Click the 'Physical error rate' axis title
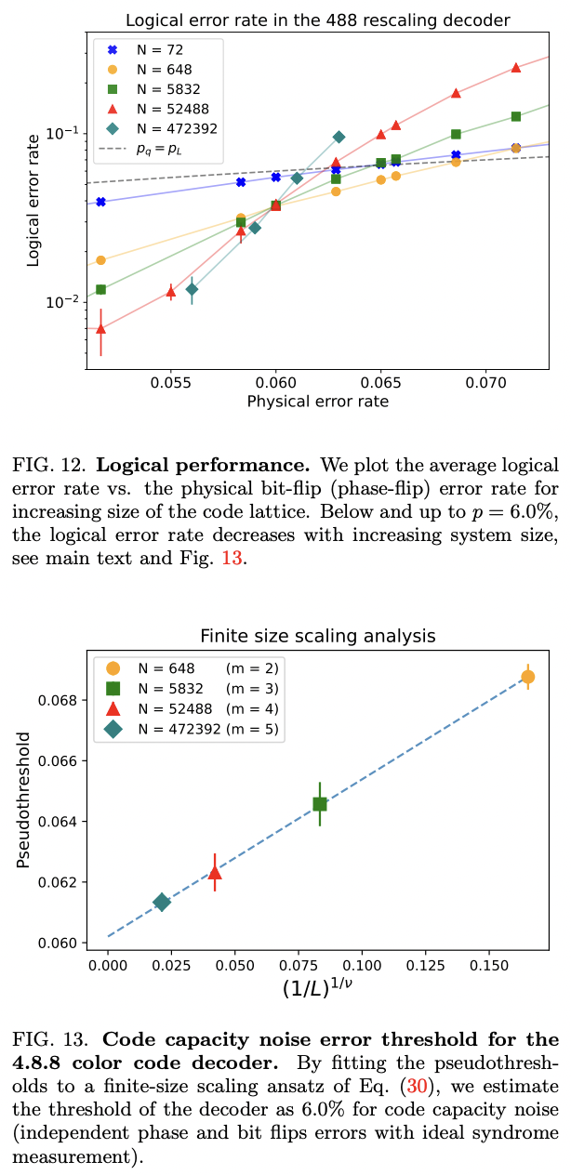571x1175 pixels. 317,402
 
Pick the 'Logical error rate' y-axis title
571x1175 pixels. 34,200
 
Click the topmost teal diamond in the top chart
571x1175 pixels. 339,137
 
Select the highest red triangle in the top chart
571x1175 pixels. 516,67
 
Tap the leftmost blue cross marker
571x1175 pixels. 100,202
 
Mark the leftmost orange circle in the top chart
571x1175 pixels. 100,260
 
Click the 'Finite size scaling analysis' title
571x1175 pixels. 317,637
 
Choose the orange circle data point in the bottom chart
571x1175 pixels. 527,676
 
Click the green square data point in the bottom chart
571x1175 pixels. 320,804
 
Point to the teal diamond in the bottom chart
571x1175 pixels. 162,902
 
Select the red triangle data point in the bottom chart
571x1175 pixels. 215,872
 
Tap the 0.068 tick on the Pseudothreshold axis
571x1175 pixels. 61,700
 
